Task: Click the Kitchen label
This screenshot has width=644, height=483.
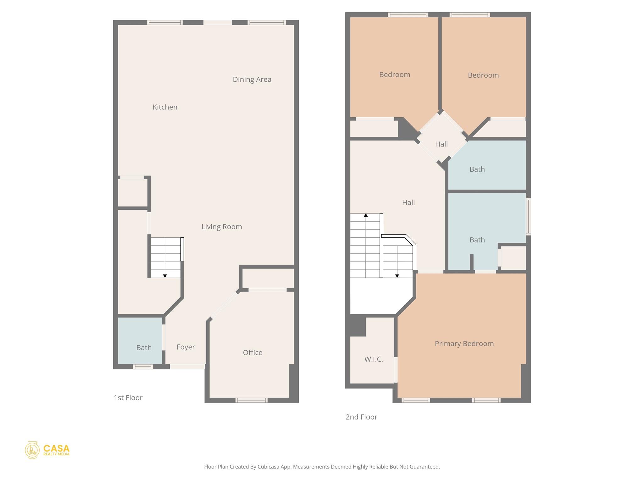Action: point(165,107)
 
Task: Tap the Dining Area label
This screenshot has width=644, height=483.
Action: point(252,80)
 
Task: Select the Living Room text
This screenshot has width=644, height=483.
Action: point(222,227)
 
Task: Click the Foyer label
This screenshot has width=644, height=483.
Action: point(186,347)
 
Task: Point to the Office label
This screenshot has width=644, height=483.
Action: point(253,353)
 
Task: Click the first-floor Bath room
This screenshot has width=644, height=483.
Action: point(140,340)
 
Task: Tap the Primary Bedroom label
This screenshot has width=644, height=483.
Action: point(464,344)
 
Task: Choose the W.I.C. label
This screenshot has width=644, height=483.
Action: point(374,359)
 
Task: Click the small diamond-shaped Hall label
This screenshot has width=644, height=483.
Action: point(441,144)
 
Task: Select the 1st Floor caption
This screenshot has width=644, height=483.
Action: point(128,398)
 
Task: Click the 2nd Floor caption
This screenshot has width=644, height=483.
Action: point(361,417)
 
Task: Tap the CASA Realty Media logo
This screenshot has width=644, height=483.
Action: point(47,450)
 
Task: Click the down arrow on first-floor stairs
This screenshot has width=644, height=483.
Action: point(165,276)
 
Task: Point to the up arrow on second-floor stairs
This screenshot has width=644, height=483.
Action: point(366,215)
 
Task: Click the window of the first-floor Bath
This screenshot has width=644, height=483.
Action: point(143,367)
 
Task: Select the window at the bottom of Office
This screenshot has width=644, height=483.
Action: point(252,400)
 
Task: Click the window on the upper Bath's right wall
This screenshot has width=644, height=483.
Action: point(529,216)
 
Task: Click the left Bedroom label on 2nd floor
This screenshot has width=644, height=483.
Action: point(394,75)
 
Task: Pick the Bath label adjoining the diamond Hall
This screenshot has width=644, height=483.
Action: point(477,169)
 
